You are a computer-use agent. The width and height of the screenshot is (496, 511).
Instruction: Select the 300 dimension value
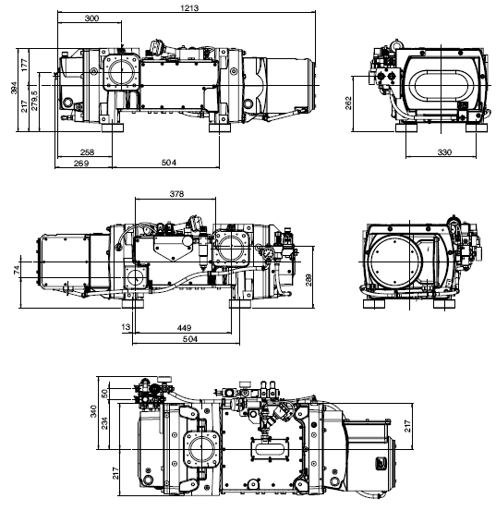(x=92, y=18)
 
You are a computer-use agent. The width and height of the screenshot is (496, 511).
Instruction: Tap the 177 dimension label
(x=26, y=62)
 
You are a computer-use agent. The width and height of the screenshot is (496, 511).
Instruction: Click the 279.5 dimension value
(x=34, y=98)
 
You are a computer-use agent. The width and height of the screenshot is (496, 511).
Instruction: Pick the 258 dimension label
(x=86, y=151)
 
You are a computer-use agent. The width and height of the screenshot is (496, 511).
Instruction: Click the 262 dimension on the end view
(x=347, y=101)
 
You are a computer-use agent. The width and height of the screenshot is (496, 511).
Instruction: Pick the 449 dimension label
(x=184, y=326)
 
